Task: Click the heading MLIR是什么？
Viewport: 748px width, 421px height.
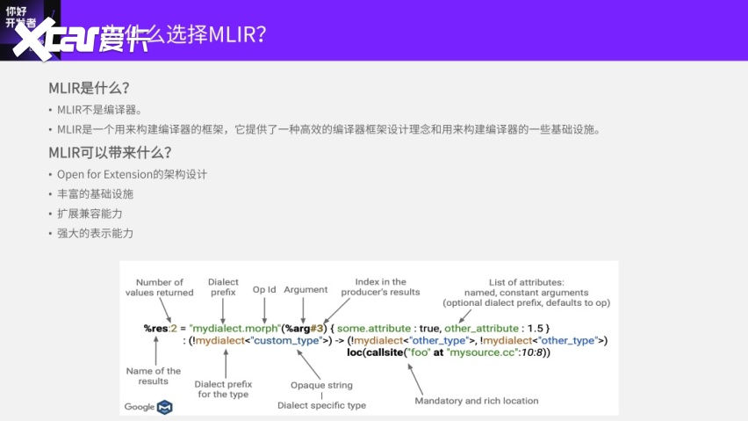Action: [89, 89]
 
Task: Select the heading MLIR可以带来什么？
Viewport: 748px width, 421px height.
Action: [110, 152]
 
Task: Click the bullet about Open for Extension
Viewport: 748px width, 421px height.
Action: [132, 174]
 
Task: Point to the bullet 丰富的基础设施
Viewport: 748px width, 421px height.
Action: [95, 193]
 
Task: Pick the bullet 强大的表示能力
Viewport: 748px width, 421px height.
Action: [95, 234]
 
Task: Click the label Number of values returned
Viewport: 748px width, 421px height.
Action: [159, 287]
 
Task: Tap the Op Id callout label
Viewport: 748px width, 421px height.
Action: [264, 289]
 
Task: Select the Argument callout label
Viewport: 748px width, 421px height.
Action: [306, 289]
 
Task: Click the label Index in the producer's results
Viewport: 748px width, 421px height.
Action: [381, 287]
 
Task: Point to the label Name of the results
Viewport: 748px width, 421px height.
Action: [154, 375]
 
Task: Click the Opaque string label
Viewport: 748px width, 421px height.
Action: [321, 385]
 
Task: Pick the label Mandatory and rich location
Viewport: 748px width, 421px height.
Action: [477, 401]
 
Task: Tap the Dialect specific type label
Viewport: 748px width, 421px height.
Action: [321, 405]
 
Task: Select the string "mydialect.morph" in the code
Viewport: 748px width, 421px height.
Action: [234, 328]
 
